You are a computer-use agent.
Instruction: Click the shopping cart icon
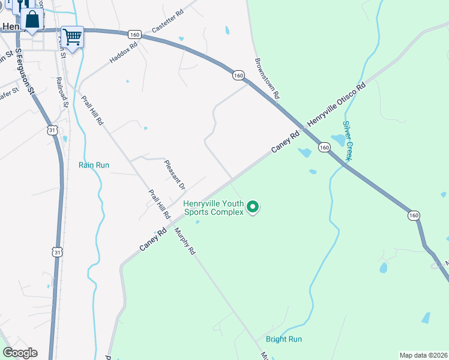pyautogui.click(x=72, y=37)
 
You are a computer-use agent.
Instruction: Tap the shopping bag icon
pyautogui.click(x=32, y=19)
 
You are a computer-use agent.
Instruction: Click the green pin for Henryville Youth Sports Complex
pyautogui.click(x=253, y=208)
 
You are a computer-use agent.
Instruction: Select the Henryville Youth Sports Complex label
pyautogui.click(x=214, y=207)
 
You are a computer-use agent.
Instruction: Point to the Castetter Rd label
pyautogui.click(x=167, y=22)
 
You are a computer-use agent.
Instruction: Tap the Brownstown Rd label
pyautogui.click(x=267, y=78)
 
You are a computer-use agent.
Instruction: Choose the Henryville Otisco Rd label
pyautogui.click(x=336, y=105)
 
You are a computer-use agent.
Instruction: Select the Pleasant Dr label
pyautogui.click(x=175, y=175)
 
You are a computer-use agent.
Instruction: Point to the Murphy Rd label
pyautogui.click(x=185, y=241)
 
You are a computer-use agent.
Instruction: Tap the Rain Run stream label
pyautogui.click(x=94, y=164)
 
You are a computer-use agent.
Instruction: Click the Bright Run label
pyautogui.click(x=284, y=339)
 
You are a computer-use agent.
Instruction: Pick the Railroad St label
pyautogui.click(x=63, y=92)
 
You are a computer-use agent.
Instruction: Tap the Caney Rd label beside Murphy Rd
pyautogui.click(x=152, y=239)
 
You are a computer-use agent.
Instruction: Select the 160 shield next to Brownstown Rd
pyautogui.click(x=239, y=75)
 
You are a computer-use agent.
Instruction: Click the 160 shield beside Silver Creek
pyautogui.click(x=324, y=147)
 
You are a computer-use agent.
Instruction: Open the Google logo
pyautogui.click(x=20, y=353)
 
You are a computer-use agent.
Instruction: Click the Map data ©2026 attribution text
pyautogui.click(x=423, y=355)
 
